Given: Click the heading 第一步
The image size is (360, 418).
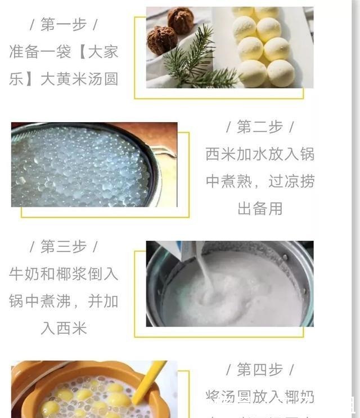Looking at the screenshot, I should coord(64,25).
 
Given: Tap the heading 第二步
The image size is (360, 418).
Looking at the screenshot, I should coord(260,127).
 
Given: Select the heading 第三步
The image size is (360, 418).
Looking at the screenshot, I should coord(64,247).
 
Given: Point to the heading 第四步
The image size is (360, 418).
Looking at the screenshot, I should coord(260,370).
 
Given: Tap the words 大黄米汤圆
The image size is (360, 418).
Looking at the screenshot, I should coord(79,79).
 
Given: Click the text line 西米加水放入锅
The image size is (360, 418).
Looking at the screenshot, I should coord(260,154).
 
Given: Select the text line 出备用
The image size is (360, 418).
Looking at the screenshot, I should coord(260,209).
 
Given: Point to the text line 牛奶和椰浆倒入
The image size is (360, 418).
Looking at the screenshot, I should coord(64,274).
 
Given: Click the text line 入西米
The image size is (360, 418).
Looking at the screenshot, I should coord(64,329).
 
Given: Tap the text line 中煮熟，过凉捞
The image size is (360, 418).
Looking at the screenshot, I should coord(260,182).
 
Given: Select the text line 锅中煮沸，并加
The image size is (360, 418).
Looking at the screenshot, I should coord(64,302).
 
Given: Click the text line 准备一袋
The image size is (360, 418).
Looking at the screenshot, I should coord(40,52).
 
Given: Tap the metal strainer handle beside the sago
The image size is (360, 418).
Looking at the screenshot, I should coord(163,155).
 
